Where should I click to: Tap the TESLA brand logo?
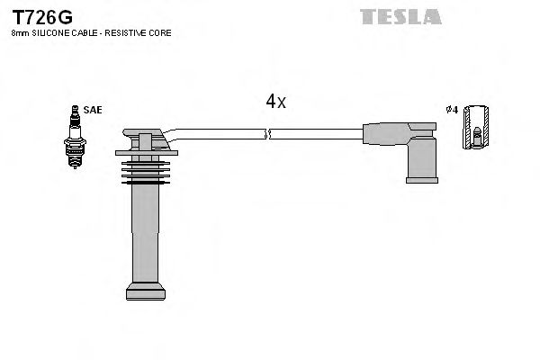click(400, 15)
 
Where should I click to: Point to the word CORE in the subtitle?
click(162, 33)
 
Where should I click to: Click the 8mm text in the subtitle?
click(19, 33)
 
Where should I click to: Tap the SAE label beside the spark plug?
click(93, 110)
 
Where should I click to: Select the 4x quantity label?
click(275, 102)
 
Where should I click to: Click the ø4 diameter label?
click(452, 110)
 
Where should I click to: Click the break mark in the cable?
click(266, 135)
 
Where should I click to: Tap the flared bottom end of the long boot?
click(146, 292)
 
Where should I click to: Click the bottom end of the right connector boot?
click(420, 179)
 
